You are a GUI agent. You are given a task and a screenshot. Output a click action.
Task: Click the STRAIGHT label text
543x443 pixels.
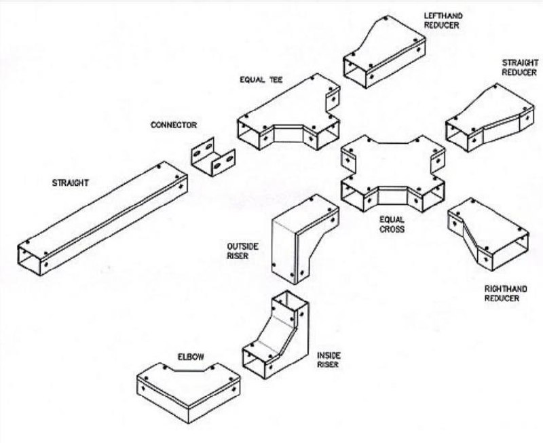(71, 182)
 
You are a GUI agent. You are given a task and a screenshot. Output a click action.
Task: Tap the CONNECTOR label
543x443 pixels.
(174, 125)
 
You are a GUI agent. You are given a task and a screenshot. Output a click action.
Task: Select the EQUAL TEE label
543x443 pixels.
(261, 79)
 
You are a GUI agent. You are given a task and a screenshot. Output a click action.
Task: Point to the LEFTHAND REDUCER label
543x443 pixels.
(442, 20)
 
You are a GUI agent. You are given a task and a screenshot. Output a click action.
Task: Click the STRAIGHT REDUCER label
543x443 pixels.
(519, 68)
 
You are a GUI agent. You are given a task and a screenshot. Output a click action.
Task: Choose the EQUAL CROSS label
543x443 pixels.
(392, 225)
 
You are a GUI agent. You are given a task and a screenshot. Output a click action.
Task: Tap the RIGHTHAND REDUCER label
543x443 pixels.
(502, 293)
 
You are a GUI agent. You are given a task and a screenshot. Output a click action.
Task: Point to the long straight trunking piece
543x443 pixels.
(102, 218)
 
